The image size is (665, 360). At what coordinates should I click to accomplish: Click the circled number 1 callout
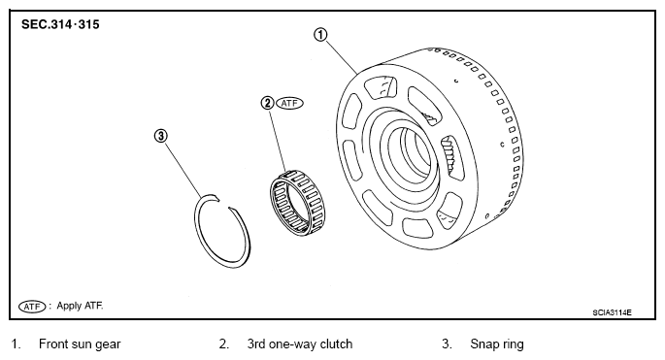(x=320, y=34)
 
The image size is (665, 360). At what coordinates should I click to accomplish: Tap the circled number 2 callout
(x=267, y=103)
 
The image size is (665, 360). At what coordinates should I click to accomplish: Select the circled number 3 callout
(x=160, y=136)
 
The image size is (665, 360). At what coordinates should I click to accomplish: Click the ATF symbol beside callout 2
(x=289, y=103)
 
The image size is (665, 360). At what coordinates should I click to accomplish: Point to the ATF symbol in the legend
(x=32, y=307)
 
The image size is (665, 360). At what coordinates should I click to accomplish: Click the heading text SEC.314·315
(x=60, y=24)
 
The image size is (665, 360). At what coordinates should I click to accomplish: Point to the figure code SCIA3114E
(x=612, y=312)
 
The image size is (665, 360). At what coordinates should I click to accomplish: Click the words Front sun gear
(x=80, y=344)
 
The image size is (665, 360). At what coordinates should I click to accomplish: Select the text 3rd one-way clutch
(x=300, y=344)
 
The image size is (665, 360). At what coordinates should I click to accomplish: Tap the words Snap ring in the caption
(x=497, y=344)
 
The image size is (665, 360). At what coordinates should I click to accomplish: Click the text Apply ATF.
(x=80, y=306)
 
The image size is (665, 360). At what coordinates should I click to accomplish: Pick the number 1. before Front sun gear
(x=16, y=344)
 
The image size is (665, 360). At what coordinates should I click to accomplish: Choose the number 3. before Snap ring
(x=447, y=344)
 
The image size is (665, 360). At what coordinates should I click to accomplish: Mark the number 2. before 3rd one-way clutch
(x=224, y=344)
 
